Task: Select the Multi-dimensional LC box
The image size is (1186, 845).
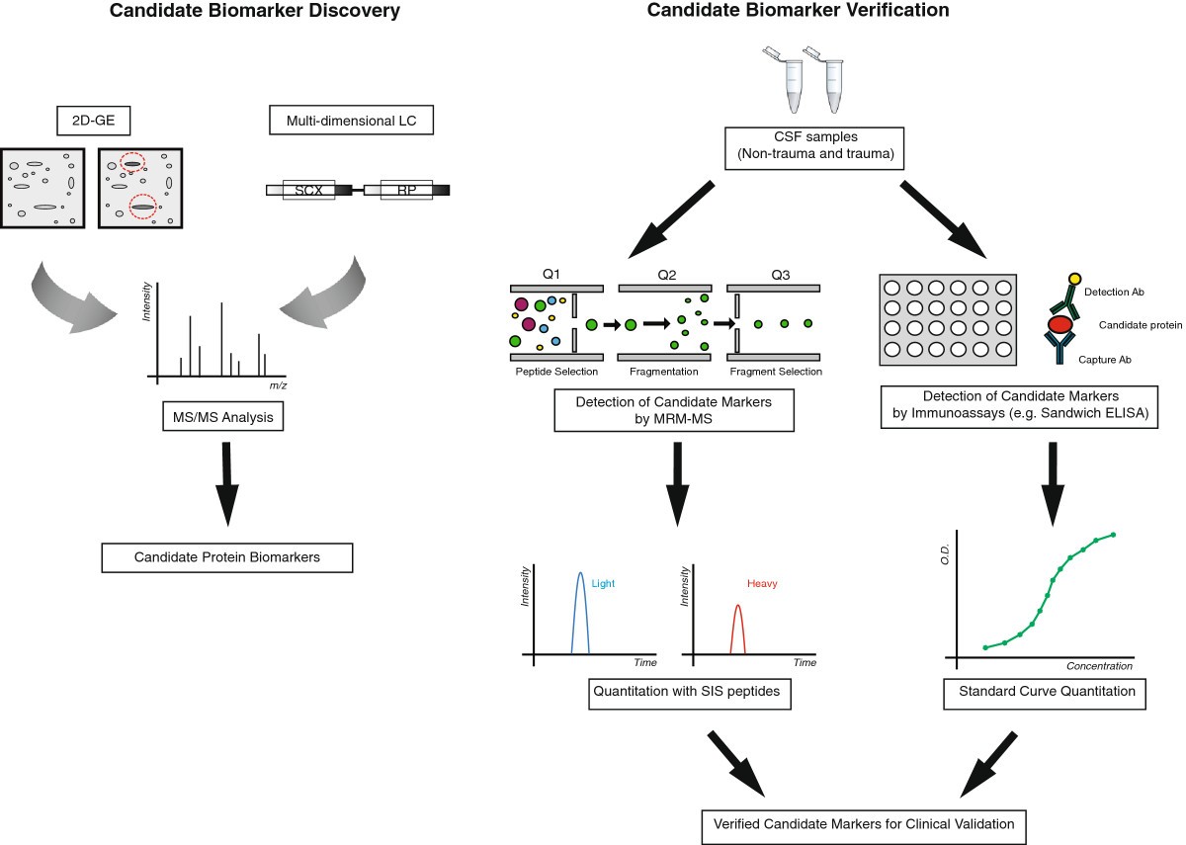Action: [352, 122]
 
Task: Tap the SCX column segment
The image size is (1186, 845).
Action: [308, 189]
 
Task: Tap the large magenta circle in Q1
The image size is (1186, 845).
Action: [529, 323]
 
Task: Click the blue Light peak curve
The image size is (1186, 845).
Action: [580, 593]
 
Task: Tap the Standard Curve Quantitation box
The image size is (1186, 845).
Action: [1047, 692]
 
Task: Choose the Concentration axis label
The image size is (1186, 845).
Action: [1099, 666]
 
